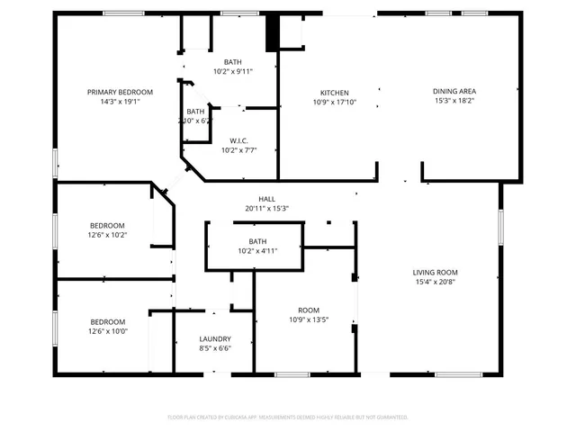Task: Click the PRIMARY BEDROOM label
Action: click(x=120, y=92)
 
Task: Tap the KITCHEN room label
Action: click(x=335, y=93)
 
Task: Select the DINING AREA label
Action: click(x=454, y=92)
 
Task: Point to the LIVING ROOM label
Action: click(x=436, y=272)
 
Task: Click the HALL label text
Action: click(x=266, y=199)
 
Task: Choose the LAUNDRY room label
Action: click(x=215, y=338)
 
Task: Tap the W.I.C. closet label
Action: click(x=238, y=140)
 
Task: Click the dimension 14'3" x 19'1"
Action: click(x=120, y=102)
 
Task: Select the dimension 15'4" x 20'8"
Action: click(x=436, y=282)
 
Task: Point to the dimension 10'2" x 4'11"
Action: click(x=258, y=251)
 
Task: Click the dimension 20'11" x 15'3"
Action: click(x=266, y=209)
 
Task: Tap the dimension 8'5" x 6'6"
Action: click(x=215, y=348)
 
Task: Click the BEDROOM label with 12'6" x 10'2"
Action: click(x=107, y=225)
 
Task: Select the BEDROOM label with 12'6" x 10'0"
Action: click(x=107, y=321)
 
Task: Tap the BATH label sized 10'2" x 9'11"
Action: click(x=233, y=62)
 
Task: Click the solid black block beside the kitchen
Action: click(x=272, y=34)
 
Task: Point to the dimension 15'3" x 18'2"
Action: click(x=454, y=102)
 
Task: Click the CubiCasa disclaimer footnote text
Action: click(x=288, y=418)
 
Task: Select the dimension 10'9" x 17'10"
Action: click(x=335, y=103)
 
